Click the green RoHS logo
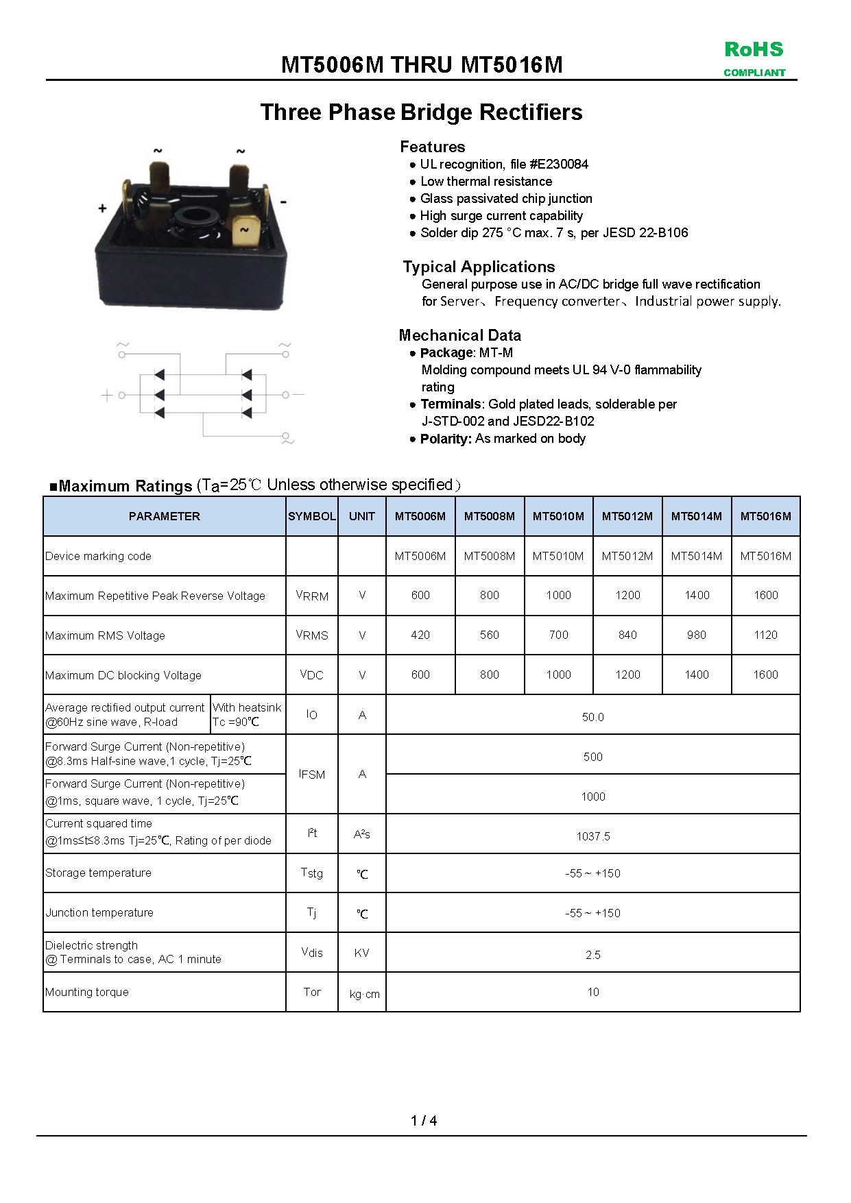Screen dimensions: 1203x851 (754, 49)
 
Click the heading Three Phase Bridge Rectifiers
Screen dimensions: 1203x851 (421, 112)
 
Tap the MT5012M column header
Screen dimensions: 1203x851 (627, 516)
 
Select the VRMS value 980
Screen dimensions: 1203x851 (696, 635)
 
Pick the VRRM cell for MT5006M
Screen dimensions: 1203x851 (420, 596)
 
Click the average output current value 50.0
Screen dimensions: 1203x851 (592, 717)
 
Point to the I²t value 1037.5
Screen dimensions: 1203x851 (592, 836)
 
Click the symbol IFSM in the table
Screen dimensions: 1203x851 (312, 775)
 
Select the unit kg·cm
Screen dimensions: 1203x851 (364, 994)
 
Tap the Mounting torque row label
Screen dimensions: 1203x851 (87, 992)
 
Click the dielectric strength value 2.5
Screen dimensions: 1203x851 (592, 955)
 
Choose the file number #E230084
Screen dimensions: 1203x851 (559, 165)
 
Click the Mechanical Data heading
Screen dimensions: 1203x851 (459, 335)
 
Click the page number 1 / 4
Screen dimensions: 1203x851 (424, 1121)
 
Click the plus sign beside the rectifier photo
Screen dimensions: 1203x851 (103, 208)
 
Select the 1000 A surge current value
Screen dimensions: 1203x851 (592, 797)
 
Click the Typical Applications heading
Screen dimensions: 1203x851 (479, 267)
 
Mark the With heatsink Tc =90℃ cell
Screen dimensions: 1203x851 (247, 714)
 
